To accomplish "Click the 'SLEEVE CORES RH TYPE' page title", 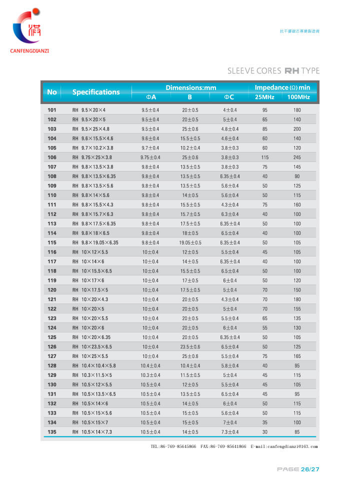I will click(273, 70).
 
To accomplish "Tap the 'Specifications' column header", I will click(96, 92).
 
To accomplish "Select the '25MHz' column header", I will click(264, 97).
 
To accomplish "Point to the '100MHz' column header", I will click(297, 97).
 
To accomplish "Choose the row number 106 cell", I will click(52, 157).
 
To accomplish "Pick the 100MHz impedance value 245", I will click(297, 157).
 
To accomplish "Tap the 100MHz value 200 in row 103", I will click(297, 128).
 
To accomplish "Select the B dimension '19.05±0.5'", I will click(190, 242).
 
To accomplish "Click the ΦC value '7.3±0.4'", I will click(230, 432).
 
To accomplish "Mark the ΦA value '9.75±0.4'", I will click(150, 157).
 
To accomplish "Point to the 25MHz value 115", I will click(265, 157).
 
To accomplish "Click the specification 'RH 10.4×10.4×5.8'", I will click(94, 365).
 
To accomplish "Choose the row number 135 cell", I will click(52, 432).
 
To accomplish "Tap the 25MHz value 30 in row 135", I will click(265, 432).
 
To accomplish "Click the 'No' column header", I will click(52, 92).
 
